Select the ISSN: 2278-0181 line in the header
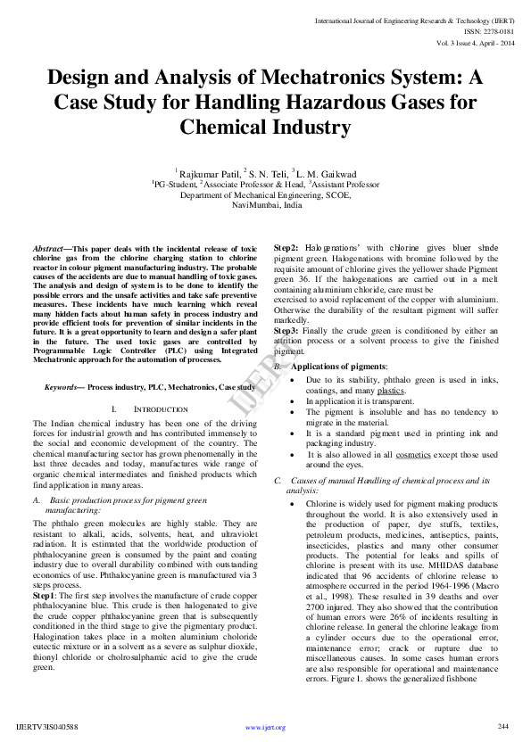pyautogui.click(x=474, y=29)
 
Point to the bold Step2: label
pyautogui.click(x=286, y=248)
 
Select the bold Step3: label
pyautogui.click(x=286, y=331)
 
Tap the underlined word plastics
pyautogui.click(x=391, y=390)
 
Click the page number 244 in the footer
pyautogui.click(x=502, y=726)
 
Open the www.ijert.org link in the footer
pyautogui.click(x=265, y=728)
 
